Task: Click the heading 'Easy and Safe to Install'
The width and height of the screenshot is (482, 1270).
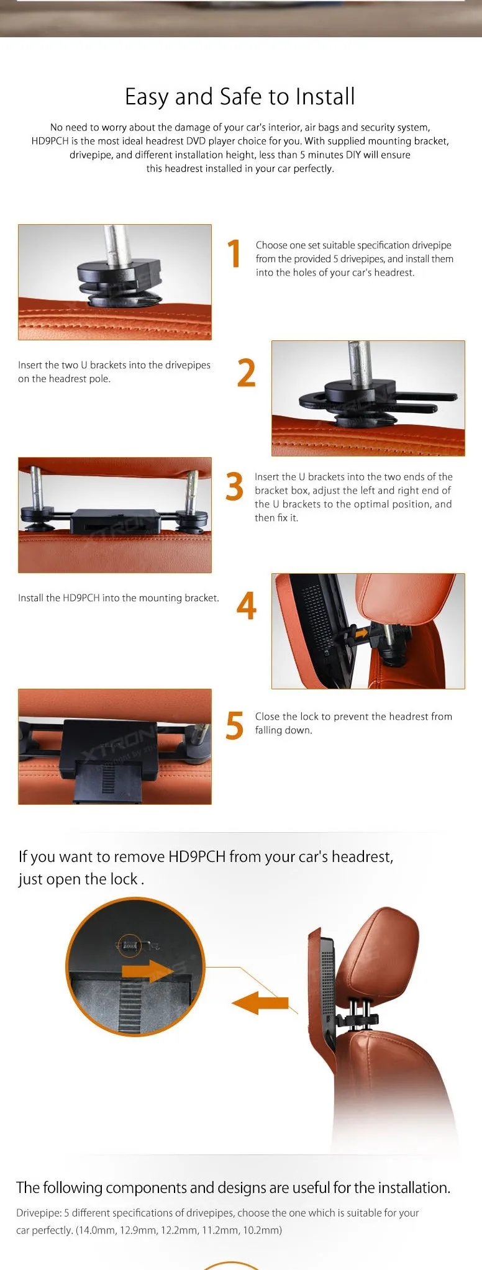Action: [240, 97]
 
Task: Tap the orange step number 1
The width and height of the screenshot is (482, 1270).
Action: [234, 253]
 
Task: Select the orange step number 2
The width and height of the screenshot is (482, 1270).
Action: [246, 373]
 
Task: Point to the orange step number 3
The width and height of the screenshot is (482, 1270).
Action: [234, 486]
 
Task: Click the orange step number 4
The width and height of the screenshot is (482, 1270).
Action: [246, 606]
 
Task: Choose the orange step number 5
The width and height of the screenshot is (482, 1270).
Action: [234, 725]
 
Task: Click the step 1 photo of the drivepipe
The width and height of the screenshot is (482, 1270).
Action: [115, 282]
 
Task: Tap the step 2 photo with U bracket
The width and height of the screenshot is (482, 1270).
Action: [368, 398]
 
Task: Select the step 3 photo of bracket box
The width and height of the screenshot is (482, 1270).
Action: [115, 515]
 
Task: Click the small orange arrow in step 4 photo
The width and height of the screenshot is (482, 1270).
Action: [360, 633]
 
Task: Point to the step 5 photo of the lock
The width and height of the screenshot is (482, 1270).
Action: [115, 746]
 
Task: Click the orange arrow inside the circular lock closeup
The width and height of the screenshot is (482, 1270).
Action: [147, 971]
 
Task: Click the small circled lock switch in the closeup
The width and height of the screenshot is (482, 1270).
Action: [129, 945]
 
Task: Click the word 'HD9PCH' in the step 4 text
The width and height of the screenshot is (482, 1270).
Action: [81, 598]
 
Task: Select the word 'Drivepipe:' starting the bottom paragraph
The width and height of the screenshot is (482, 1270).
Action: [39, 1213]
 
